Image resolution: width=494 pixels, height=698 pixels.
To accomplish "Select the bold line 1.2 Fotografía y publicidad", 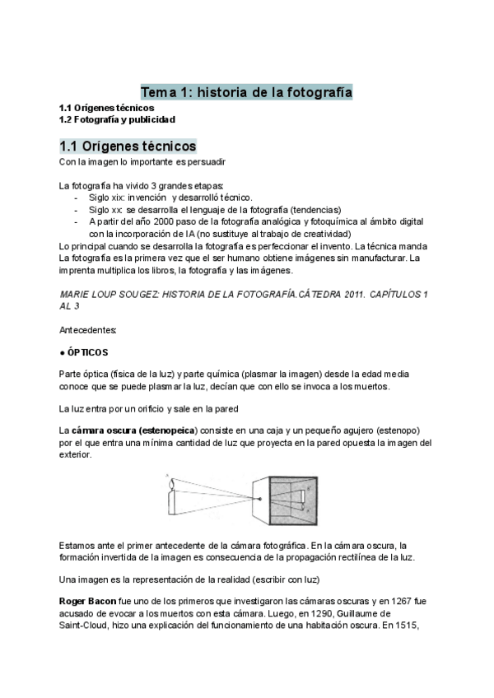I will (x=116, y=120).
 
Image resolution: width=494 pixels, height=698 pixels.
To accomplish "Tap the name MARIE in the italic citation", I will (x=76, y=294).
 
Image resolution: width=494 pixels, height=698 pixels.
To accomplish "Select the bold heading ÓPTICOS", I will (x=88, y=352).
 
